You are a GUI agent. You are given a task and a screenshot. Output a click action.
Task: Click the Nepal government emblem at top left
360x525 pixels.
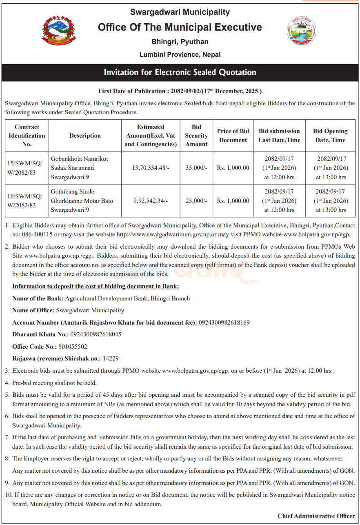point(58,30)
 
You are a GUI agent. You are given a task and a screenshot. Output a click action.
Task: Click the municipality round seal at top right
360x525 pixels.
point(302,31)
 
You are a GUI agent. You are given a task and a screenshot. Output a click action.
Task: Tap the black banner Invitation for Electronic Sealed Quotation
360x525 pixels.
point(180,72)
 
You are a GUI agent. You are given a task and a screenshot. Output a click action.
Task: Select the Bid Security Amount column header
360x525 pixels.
point(196,136)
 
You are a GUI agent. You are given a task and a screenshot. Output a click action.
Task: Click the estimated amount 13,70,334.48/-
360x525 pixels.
point(151,168)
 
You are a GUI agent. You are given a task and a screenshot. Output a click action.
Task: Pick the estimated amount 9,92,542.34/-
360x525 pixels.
point(151,201)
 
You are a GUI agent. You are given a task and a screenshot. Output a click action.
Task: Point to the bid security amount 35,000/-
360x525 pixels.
point(196,168)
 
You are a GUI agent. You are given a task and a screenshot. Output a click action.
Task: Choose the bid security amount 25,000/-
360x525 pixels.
point(196,201)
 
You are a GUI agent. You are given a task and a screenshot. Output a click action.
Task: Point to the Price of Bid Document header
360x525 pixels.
point(233,136)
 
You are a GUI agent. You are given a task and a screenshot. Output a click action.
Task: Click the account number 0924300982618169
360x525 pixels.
point(224,323)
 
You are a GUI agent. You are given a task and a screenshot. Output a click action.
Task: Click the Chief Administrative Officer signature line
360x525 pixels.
point(316,516)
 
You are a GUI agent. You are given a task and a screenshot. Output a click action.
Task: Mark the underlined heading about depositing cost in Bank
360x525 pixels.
point(96,286)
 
